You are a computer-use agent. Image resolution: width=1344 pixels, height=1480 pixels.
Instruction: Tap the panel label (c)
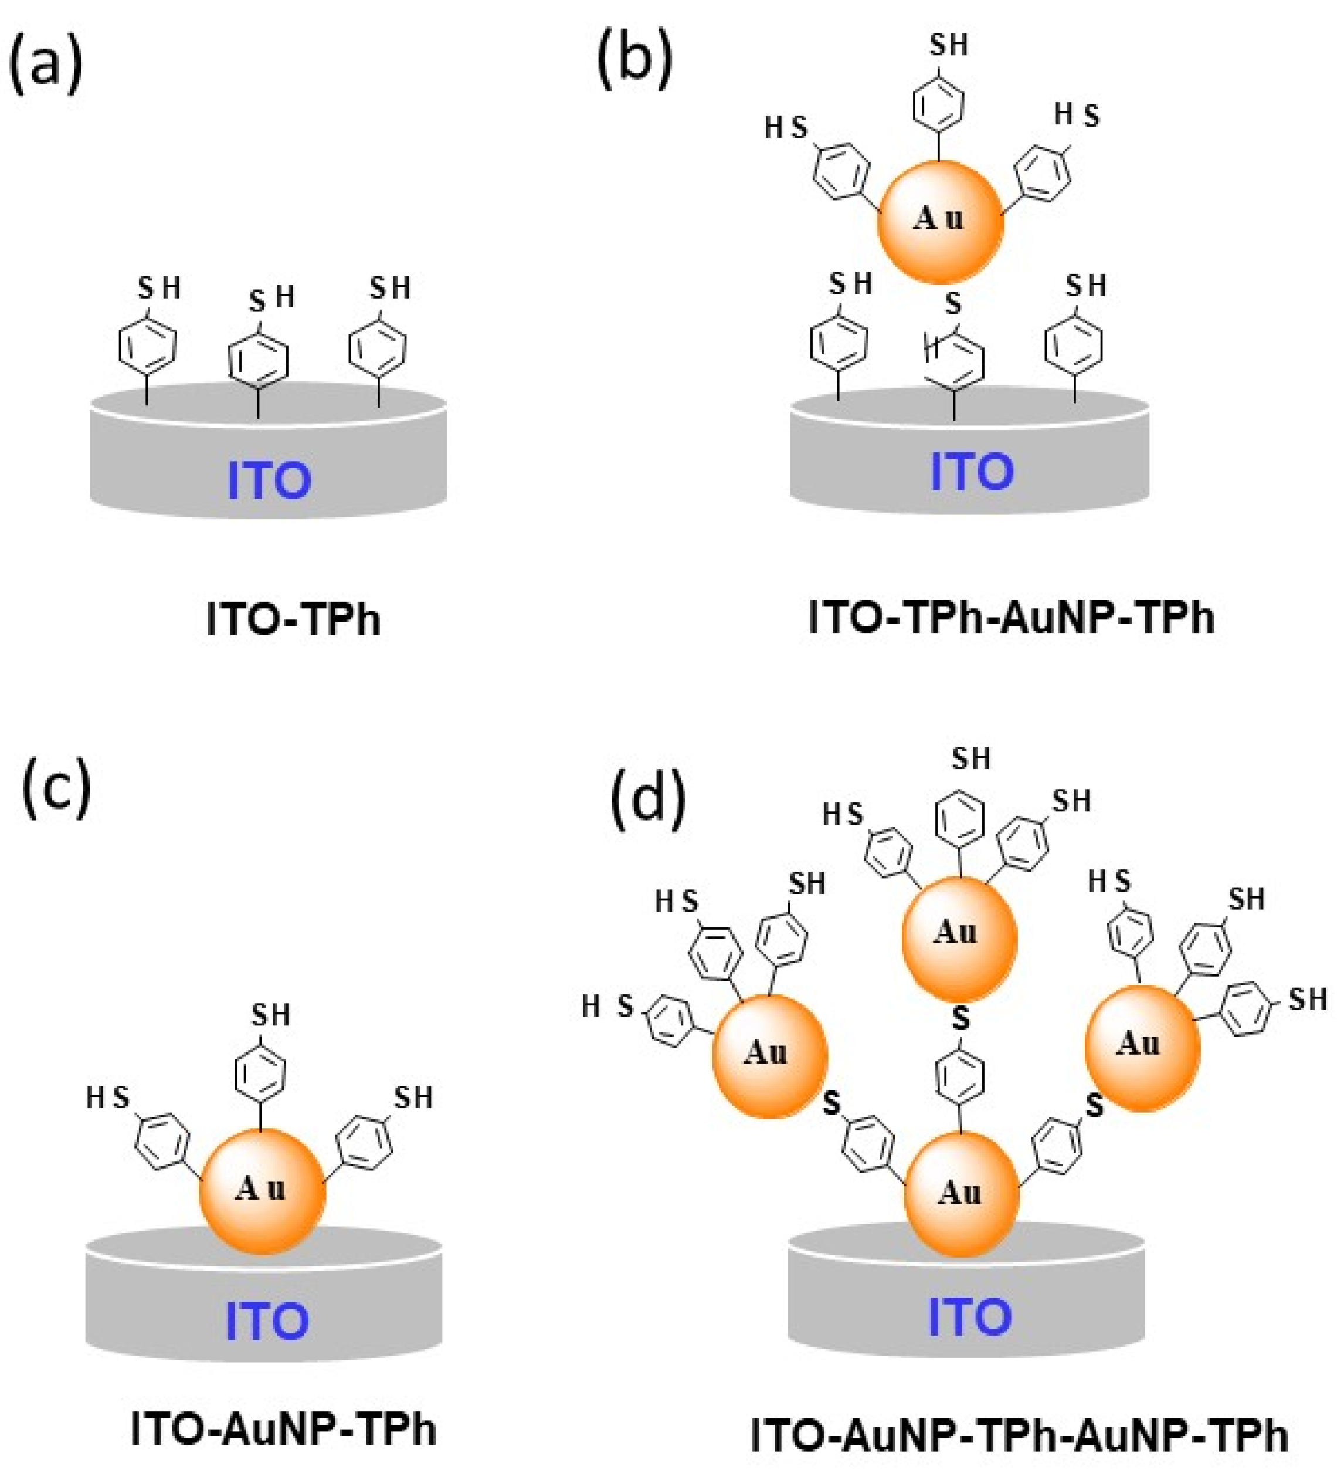pos(56,788)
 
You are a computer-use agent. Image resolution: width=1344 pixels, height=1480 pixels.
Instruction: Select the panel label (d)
pos(647,796)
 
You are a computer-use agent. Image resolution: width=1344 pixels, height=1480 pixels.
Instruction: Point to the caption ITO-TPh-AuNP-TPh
pos(1012,618)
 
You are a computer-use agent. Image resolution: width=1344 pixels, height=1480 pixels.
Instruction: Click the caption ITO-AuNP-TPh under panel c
pos(283,1430)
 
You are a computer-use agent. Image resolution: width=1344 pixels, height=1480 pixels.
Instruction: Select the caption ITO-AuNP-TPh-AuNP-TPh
pos(1020,1435)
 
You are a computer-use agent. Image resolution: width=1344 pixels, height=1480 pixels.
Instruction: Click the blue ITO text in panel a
pos(269,481)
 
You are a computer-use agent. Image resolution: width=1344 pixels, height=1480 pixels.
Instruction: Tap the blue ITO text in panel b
pos(971,471)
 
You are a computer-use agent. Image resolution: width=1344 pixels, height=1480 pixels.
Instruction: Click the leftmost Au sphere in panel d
pos(769,1056)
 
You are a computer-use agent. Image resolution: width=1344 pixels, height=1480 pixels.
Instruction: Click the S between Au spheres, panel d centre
pos(960,1018)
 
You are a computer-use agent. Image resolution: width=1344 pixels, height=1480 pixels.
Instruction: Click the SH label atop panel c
pos(271,1015)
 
